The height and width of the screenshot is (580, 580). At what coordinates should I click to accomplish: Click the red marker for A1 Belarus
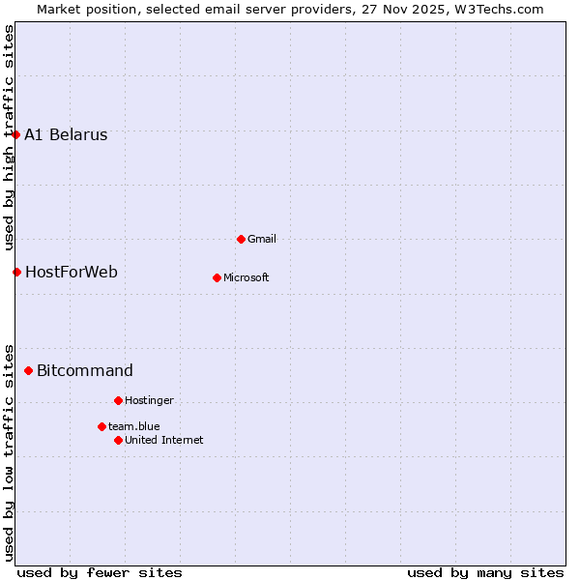click(x=16, y=134)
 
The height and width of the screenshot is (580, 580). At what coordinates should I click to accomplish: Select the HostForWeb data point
click(x=16, y=272)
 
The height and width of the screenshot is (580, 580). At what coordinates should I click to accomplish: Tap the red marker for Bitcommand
click(x=29, y=370)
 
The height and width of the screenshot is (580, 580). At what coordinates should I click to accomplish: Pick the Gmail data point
click(x=241, y=239)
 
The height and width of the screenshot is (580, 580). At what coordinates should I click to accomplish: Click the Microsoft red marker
click(x=217, y=277)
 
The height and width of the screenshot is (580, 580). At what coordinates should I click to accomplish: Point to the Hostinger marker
click(x=118, y=400)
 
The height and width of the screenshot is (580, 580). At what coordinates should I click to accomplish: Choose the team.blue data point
click(x=101, y=426)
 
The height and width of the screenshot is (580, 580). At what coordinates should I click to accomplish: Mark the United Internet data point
click(x=118, y=440)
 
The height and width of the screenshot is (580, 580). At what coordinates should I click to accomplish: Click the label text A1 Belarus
click(x=66, y=135)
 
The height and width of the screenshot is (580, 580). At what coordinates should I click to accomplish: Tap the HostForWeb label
click(x=72, y=273)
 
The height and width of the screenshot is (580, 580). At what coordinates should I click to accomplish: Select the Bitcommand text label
click(x=85, y=371)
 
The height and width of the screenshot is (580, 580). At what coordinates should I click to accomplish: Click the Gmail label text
click(x=262, y=240)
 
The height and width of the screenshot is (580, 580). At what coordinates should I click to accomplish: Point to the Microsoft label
click(x=246, y=278)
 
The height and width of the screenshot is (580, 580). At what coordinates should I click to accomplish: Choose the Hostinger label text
click(x=149, y=401)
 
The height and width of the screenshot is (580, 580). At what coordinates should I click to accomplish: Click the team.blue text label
click(x=134, y=427)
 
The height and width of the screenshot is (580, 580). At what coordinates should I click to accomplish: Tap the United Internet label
click(x=164, y=441)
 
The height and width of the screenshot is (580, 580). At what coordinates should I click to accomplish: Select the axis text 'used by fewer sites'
click(x=100, y=572)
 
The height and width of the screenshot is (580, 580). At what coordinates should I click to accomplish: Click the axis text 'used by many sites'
click(x=485, y=572)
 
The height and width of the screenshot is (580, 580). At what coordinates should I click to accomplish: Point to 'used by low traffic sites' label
click(x=10, y=451)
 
